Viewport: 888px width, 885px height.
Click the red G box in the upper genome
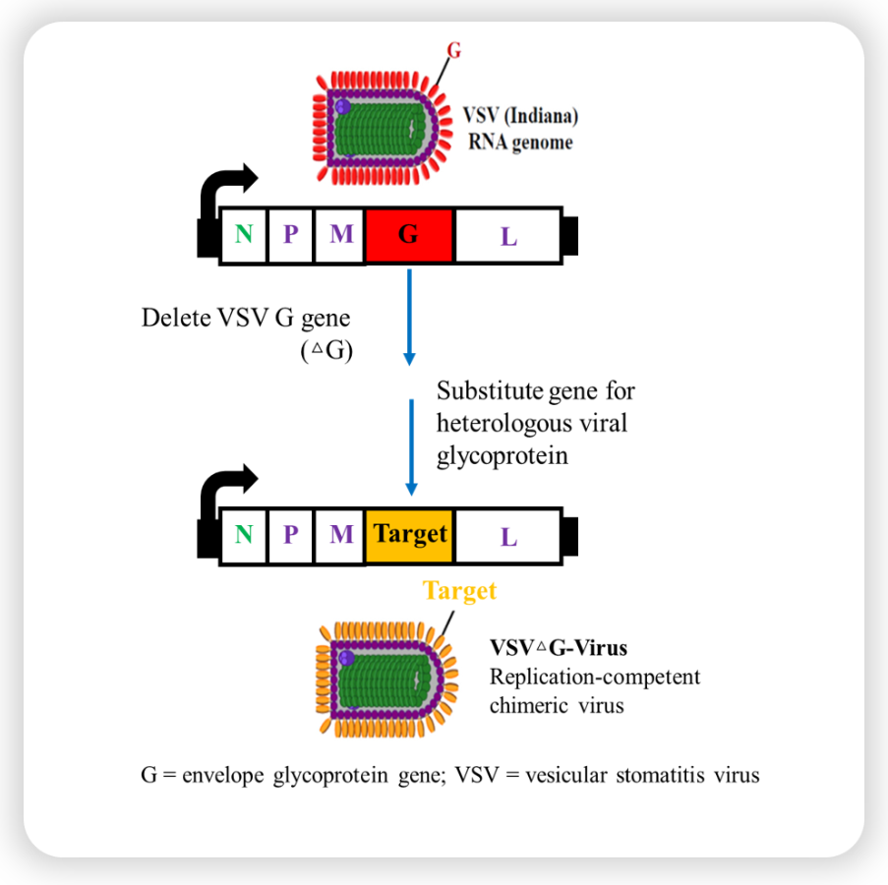(x=408, y=236)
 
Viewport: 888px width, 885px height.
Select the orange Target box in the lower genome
(x=408, y=535)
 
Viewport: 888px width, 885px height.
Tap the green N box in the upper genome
(x=243, y=236)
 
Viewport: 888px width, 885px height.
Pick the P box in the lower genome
(x=290, y=535)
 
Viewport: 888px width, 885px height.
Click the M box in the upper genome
(x=340, y=236)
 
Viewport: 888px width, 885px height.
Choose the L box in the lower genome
(x=507, y=536)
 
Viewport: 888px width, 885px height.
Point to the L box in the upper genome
(x=507, y=237)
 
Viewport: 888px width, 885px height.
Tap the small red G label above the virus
(x=453, y=48)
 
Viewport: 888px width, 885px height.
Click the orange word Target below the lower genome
(x=459, y=590)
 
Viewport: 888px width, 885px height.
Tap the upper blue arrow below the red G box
(x=409, y=315)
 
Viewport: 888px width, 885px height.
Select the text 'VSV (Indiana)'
(x=520, y=115)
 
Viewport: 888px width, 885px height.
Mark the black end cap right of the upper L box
(x=569, y=236)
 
